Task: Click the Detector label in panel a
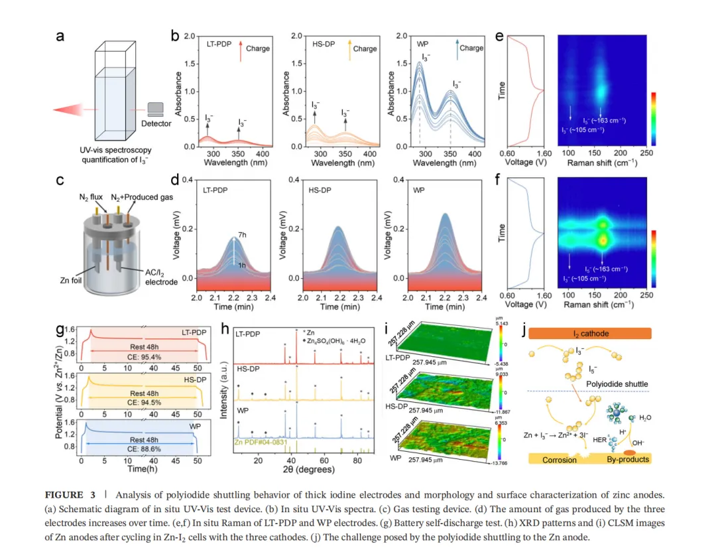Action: (156, 123)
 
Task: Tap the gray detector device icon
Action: (156, 109)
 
